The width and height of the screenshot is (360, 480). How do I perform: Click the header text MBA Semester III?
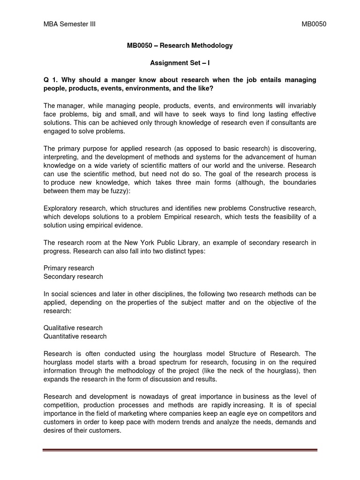pyautogui.click(x=69, y=24)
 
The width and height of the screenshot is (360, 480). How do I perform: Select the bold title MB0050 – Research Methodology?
pyautogui.click(x=180, y=45)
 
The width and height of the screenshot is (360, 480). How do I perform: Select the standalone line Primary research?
pyautogui.click(x=69, y=268)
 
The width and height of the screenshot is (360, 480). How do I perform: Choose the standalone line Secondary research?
pyautogui.click(x=73, y=277)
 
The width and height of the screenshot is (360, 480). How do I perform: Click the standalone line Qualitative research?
pyautogui.click(x=73, y=328)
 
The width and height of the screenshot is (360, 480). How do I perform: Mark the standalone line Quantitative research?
pyautogui.click(x=75, y=336)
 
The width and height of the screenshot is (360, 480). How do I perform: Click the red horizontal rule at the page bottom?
pyautogui.click(x=180, y=451)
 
